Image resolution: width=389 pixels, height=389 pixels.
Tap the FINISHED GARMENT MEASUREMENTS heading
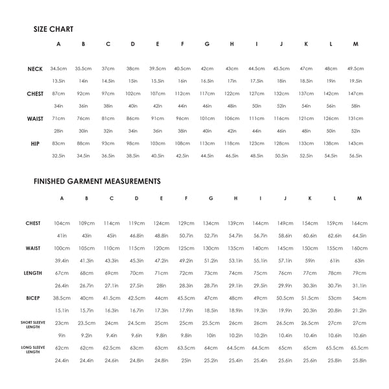coord(97,182)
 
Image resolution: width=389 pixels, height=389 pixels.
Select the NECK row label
coord(36,69)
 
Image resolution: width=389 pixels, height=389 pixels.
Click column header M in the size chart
coord(355,44)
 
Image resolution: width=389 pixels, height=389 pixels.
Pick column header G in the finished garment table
coord(211,198)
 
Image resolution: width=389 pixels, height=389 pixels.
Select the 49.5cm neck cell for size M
coord(355,69)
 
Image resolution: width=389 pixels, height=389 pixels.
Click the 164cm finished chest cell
coord(359,223)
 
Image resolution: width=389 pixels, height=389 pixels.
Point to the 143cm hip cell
coord(355,143)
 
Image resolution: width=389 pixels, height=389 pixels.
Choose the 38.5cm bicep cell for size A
coord(62,298)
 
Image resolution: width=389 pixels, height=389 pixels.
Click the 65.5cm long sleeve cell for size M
coord(359,348)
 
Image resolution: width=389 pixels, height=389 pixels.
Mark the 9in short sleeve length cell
coord(62,335)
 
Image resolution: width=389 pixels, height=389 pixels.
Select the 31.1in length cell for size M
coord(359,285)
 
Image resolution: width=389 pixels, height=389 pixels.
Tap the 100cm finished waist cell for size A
coord(62,248)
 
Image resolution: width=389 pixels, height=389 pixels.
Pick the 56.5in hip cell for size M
coord(355,156)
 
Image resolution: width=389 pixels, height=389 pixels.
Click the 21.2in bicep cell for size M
coord(359,310)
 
